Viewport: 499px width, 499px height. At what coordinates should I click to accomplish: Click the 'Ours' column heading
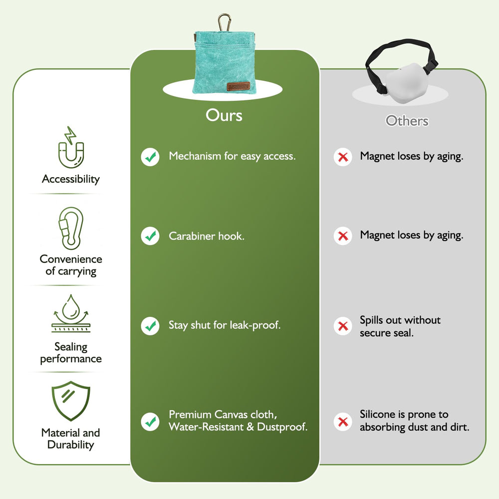(x=224, y=115)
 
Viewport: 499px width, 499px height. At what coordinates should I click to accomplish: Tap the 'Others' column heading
(x=407, y=121)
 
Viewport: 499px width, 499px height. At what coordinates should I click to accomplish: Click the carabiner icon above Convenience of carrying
(x=71, y=228)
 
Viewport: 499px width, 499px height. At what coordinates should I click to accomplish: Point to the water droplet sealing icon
(x=71, y=313)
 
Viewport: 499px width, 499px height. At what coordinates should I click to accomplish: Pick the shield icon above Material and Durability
(x=71, y=401)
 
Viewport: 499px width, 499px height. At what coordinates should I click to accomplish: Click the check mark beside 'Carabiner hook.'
(x=150, y=236)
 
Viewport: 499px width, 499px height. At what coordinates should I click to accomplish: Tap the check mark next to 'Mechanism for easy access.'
(x=150, y=157)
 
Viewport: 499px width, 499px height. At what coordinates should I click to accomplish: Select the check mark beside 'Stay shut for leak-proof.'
(x=150, y=326)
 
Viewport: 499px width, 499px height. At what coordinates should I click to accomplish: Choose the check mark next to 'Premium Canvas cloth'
(x=150, y=422)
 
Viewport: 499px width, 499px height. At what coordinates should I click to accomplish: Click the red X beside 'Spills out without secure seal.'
(x=343, y=326)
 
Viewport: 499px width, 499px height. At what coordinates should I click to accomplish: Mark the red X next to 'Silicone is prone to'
(x=343, y=422)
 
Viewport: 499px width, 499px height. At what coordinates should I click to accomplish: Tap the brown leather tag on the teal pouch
(x=239, y=86)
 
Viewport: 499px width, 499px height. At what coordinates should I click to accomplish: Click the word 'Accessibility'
(x=71, y=179)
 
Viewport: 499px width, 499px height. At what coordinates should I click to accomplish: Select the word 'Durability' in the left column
(x=71, y=445)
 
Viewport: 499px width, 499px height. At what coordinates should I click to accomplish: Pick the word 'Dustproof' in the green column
(x=282, y=427)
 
